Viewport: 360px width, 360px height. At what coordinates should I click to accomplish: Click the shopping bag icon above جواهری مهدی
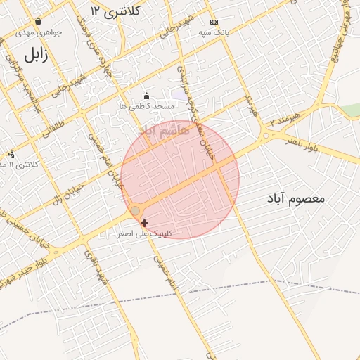pos(37,22)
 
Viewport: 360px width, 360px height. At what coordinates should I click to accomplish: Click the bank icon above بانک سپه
pos(214,22)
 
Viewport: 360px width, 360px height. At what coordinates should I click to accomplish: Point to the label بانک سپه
pos(214,32)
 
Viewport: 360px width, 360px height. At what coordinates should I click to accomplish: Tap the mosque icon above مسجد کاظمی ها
pos(146,96)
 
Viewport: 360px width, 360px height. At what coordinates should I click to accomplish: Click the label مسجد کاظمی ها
pos(146,106)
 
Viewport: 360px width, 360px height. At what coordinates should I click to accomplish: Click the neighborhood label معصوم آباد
pos(295,199)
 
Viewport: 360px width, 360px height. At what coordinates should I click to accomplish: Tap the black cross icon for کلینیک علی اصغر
pos(145,223)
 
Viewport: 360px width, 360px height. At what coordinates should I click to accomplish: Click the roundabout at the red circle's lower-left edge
pos(135,211)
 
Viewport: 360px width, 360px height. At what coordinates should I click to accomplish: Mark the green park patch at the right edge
pos(352,110)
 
